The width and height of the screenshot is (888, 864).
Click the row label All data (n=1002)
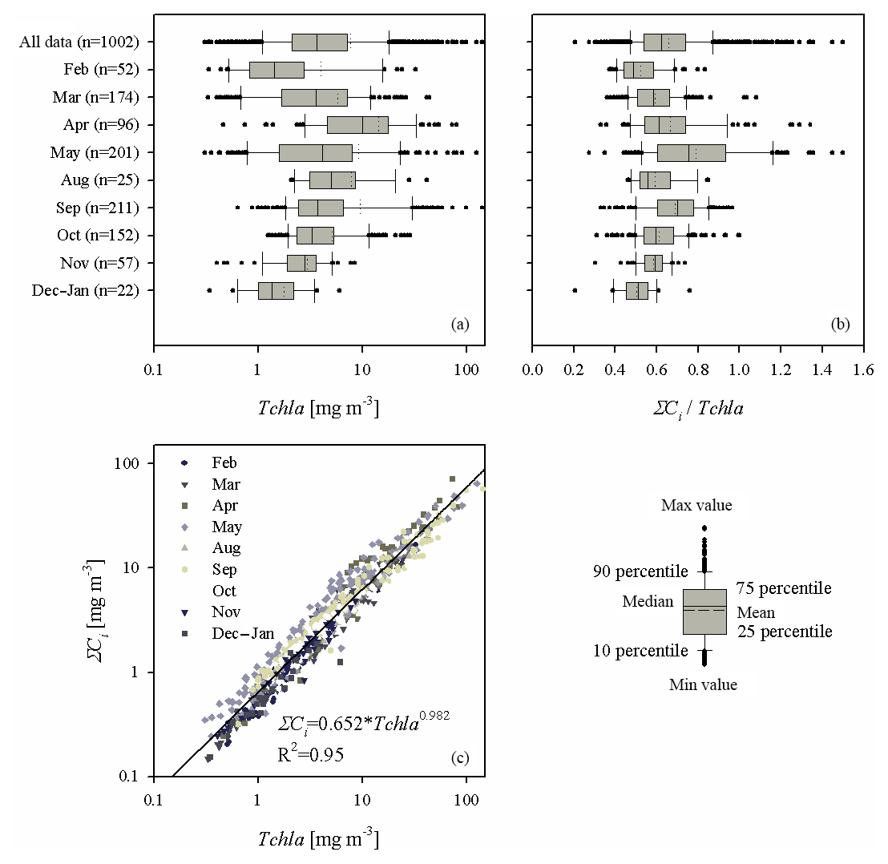coord(79,42)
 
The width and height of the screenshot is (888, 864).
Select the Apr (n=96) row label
coord(101,125)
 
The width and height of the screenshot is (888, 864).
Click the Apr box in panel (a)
coord(357,125)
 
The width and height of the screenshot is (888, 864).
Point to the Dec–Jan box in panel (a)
coord(276,291)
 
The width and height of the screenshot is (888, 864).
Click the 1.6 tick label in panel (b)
coord(862,370)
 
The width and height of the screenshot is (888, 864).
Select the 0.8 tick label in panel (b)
coord(696,370)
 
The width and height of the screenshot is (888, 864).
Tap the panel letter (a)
coord(460,325)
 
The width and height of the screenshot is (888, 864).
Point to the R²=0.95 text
coord(311,753)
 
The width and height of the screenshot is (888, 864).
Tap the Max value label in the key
coord(696,506)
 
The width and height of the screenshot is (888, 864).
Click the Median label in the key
coord(647,602)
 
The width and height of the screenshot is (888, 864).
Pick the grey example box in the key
coord(704,612)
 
